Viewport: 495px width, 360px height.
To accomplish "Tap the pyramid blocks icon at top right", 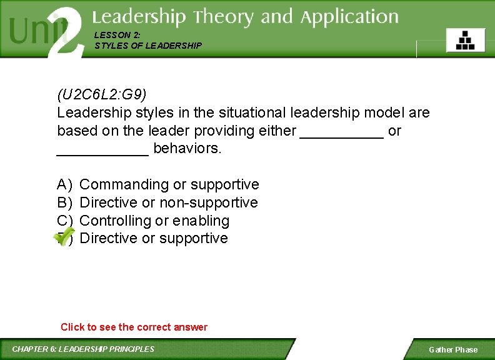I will point(465,40).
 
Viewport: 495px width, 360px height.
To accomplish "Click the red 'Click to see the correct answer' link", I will point(134,327).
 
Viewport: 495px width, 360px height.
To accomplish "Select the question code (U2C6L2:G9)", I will point(102,95).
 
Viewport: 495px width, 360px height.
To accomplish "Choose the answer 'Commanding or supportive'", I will point(169,184).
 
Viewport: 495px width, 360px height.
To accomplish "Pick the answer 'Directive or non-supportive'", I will point(169,202).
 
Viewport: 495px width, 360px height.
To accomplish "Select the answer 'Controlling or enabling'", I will point(154,221).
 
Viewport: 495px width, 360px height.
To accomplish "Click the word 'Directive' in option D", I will point(109,238).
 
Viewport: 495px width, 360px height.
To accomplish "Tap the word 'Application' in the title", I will point(349,17).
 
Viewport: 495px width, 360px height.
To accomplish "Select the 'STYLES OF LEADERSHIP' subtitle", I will point(148,46).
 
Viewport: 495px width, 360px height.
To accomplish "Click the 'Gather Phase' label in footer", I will point(452,350).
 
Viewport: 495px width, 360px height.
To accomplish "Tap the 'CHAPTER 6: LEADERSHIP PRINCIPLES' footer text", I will point(83,349).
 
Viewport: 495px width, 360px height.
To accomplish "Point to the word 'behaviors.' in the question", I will point(187,149).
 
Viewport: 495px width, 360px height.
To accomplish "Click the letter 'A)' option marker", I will point(64,184).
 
